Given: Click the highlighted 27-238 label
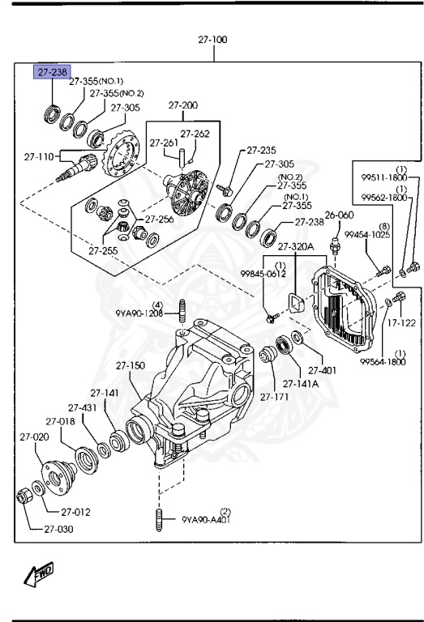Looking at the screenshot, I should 52,72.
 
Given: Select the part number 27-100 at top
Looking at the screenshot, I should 212,39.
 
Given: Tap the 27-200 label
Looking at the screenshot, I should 183,105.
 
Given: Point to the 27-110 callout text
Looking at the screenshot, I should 38,156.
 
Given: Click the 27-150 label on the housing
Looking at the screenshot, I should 129,365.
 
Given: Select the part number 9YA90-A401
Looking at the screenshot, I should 207,520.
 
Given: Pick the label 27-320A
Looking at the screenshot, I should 295,246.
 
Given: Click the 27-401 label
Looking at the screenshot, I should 322,370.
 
